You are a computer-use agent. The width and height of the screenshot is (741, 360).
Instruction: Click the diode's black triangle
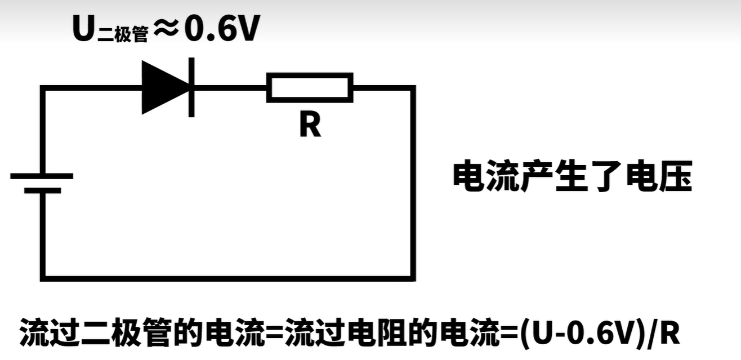(x=163, y=87)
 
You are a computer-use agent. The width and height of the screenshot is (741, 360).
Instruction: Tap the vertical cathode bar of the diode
(x=191, y=87)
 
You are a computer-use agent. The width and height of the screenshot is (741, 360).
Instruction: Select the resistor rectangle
(x=310, y=87)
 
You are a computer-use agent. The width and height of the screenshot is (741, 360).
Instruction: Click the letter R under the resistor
(x=310, y=125)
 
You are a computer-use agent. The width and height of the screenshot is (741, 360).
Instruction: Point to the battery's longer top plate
(x=42, y=176)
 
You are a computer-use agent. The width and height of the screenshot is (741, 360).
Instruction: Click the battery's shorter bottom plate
(x=42, y=191)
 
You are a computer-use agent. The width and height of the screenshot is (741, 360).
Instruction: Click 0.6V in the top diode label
(x=222, y=30)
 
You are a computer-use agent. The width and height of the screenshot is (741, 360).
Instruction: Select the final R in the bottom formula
(x=670, y=333)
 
